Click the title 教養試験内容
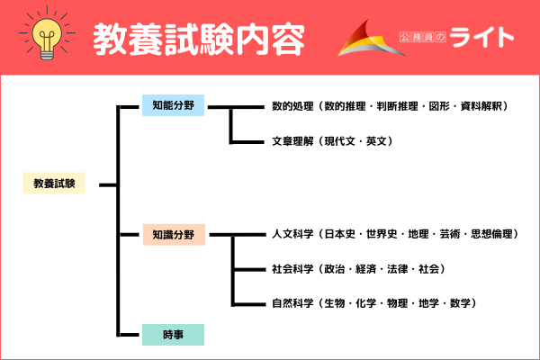198,39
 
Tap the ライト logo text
482,39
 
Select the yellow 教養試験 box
54,184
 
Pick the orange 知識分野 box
174,235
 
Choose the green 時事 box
174,335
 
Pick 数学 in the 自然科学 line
457,303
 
